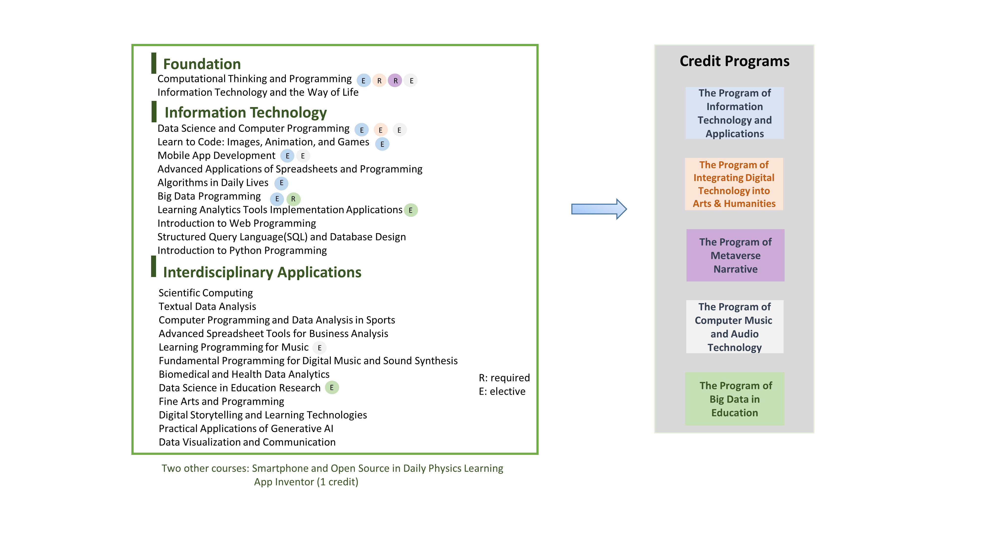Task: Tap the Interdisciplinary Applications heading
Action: tap(262, 272)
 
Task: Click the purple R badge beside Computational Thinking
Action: tap(395, 80)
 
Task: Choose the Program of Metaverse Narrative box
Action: tap(735, 256)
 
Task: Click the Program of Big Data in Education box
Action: tap(735, 399)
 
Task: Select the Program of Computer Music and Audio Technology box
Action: tap(735, 327)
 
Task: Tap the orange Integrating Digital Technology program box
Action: tap(734, 184)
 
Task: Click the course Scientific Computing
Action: tap(206, 293)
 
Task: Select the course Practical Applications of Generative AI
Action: tap(246, 429)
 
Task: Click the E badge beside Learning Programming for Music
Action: tap(320, 348)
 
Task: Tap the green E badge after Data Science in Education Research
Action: tap(332, 388)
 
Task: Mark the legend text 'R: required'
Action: tap(504, 378)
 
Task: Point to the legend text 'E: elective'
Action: tap(502, 391)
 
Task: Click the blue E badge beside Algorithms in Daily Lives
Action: tap(281, 183)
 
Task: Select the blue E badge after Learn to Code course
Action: tap(382, 144)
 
